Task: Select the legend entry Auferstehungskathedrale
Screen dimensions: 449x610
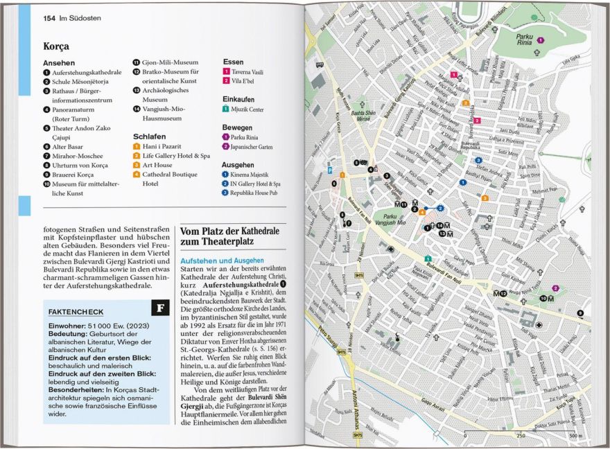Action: pos(87,72)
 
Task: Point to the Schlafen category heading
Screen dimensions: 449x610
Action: pos(149,137)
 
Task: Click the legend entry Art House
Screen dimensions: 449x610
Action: pos(157,165)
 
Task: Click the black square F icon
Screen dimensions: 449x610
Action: pos(160,306)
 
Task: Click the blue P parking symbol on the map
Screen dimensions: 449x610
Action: pos(331,170)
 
